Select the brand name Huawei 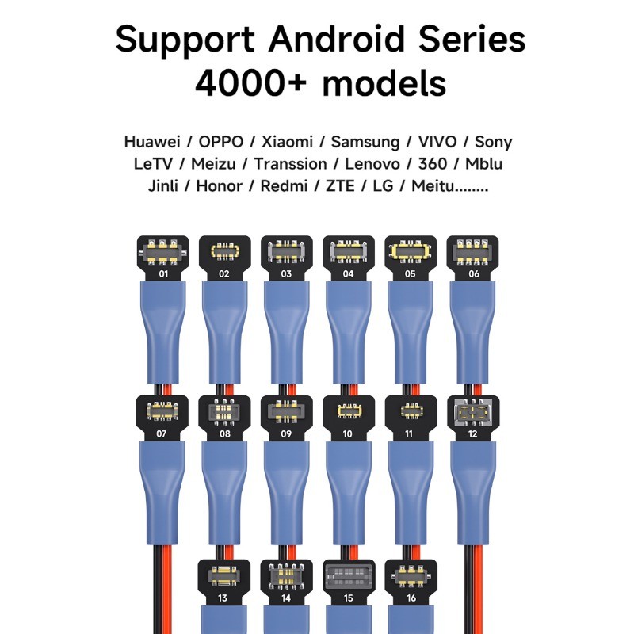[x=151, y=143]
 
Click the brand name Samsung [x=365, y=143]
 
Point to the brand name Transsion [x=290, y=165]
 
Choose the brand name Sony [x=493, y=143]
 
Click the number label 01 [x=163, y=274]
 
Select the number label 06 [x=474, y=274]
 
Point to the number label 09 [x=287, y=433]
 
